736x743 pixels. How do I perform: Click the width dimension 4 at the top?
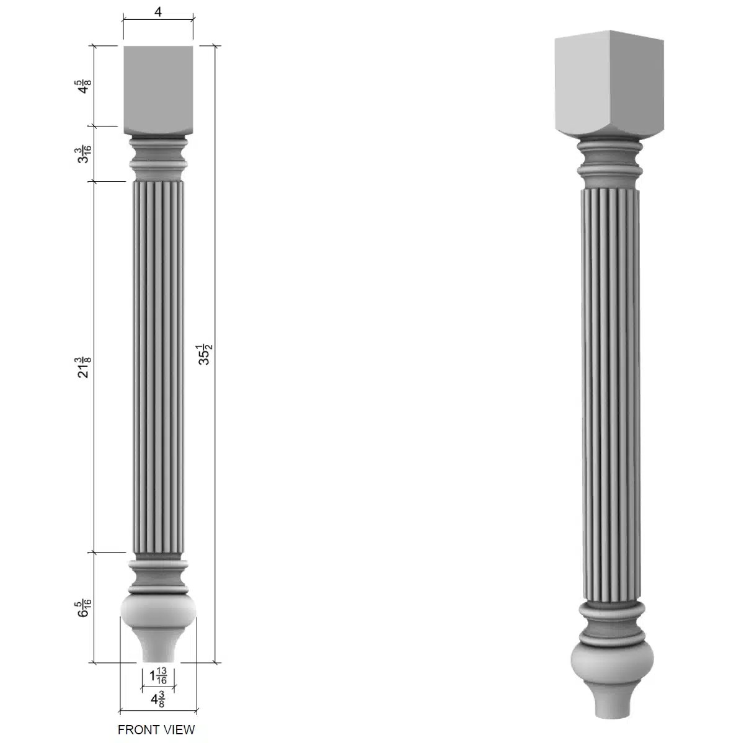(158, 11)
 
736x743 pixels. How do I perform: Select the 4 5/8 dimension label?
(83, 86)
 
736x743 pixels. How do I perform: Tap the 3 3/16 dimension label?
(84, 154)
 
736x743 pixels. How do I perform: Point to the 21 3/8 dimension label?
(83, 367)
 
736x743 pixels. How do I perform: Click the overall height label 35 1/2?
(205, 354)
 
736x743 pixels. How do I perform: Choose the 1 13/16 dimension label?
(158, 675)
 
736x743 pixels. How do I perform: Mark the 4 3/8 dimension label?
(157, 700)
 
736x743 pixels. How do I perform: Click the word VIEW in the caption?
(178, 730)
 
